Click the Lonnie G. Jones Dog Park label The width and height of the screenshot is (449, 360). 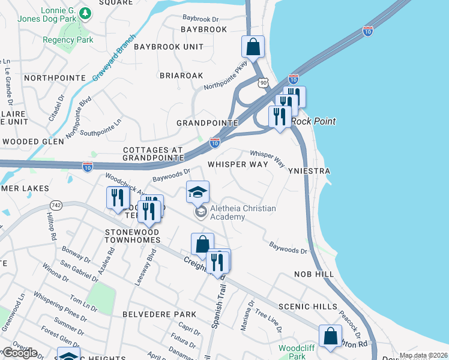[58, 17]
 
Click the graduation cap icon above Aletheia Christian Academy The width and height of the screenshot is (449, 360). [197, 192]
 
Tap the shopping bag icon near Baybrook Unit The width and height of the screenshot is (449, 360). [253, 47]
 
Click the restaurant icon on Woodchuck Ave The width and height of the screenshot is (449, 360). [118, 197]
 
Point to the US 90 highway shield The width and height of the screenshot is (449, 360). [262, 81]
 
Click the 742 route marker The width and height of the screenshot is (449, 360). [57, 204]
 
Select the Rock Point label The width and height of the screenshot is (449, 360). [313, 121]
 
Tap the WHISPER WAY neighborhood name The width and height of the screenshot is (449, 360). [238, 164]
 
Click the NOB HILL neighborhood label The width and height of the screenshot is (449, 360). [313, 274]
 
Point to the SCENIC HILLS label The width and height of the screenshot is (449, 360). [316, 306]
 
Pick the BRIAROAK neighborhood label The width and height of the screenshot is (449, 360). [181, 76]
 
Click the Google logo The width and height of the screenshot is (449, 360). [19, 353]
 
